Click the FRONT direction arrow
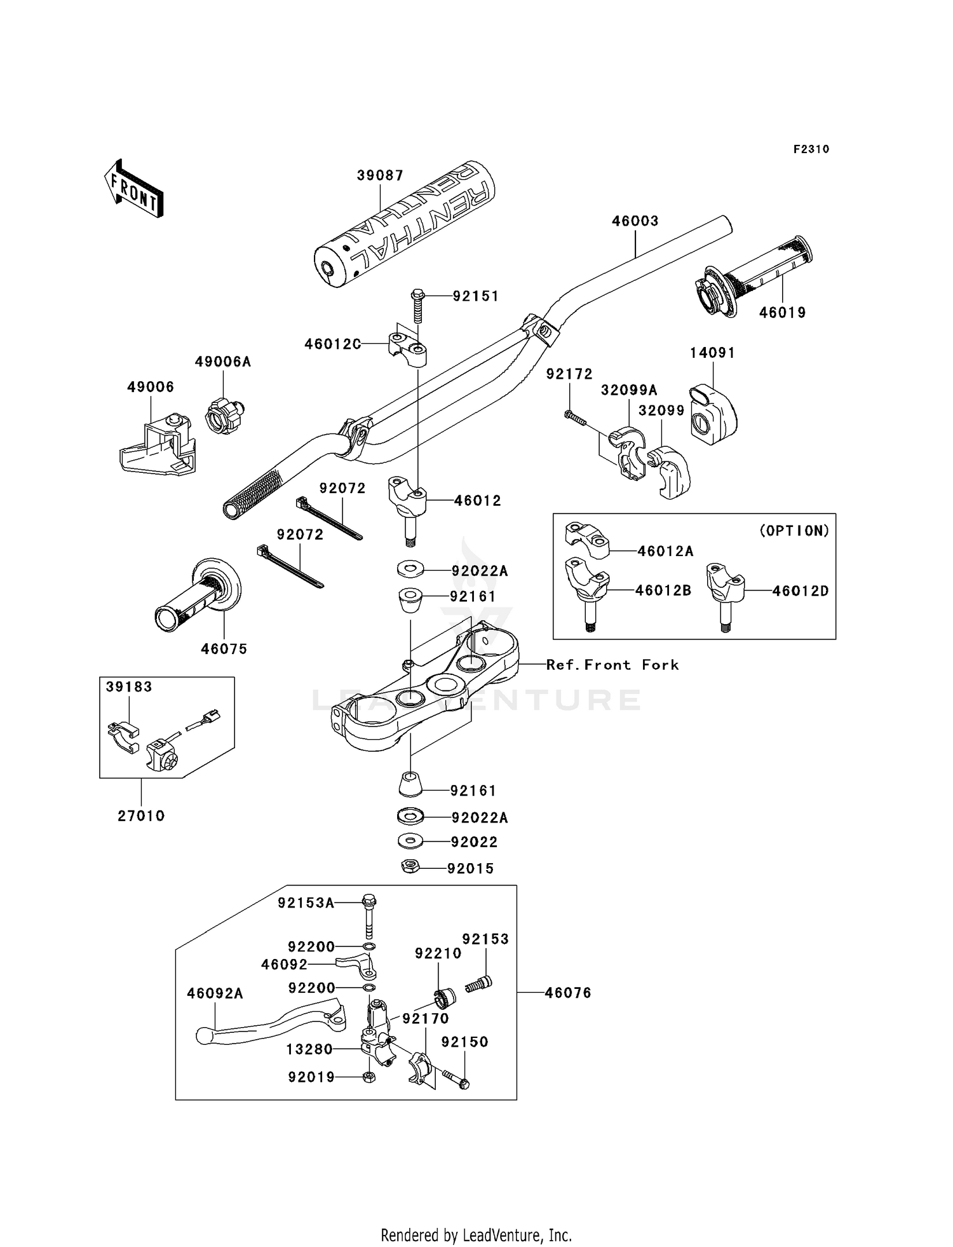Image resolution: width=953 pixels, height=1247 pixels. [x=135, y=188]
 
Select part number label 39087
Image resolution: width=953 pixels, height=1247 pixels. [x=380, y=175]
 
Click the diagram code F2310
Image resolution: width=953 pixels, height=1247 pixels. [x=811, y=149]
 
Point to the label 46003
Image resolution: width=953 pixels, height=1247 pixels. [x=635, y=221]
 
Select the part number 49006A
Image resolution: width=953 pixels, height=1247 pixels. [x=223, y=362]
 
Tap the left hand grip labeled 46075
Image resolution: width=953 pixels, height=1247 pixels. [x=198, y=595]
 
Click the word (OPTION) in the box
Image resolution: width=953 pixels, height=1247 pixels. [x=794, y=531]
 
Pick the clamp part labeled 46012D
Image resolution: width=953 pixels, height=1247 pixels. [x=724, y=596]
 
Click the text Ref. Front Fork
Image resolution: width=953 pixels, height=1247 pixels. [x=612, y=665]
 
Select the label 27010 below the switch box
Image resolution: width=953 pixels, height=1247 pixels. [x=141, y=815]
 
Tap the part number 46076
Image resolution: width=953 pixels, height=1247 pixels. [x=568, y=992]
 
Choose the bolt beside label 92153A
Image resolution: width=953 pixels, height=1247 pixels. [x=368, y=916]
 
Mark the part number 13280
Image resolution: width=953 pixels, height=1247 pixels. [x=309, y=1049]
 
